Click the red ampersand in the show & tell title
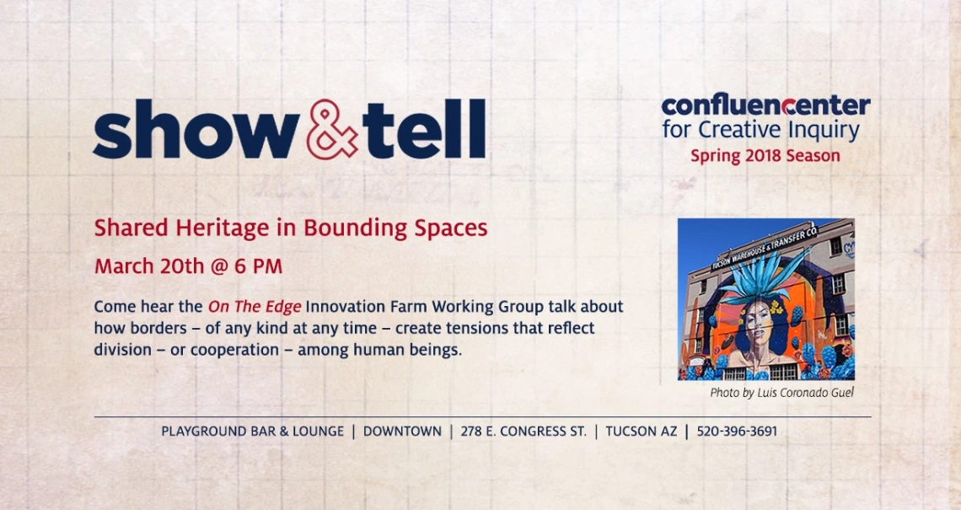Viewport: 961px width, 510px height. [331, 129]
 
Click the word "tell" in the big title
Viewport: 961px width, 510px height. [424, 129]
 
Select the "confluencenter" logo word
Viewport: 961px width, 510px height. [765, 106]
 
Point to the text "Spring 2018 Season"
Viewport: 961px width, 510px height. [765, 156]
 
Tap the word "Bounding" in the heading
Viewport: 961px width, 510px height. [356, 228]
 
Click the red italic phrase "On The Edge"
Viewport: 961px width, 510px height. [255, 307]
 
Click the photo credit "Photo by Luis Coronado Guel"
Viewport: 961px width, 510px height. [781, 393]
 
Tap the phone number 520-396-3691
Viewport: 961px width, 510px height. [737, 432]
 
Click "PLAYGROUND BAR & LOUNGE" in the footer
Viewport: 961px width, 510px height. [253, 432]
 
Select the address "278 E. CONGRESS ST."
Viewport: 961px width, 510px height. [523, 432]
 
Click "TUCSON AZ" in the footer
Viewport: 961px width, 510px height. [641, 432]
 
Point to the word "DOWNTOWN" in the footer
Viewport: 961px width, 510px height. [402, 432]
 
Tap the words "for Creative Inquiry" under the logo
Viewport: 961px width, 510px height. [760, 131]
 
